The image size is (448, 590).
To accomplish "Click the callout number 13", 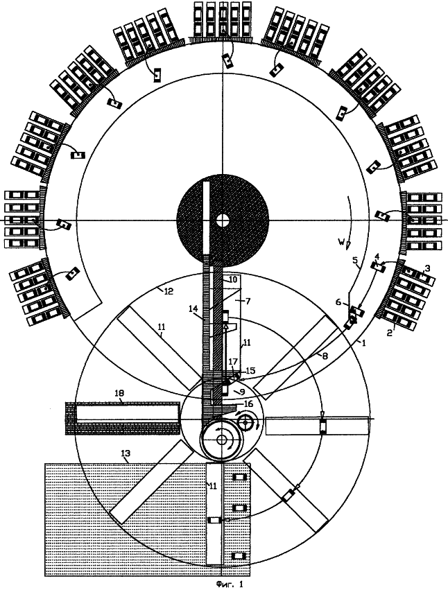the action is [126, 455].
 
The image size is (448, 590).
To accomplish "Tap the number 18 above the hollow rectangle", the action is [119, 393].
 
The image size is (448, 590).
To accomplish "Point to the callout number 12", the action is [169, 291].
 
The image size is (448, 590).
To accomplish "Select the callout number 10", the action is [233, 279].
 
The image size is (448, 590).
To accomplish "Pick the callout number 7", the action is [238, 301].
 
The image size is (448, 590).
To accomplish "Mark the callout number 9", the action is [243, 392].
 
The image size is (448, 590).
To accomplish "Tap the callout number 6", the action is [338, 302].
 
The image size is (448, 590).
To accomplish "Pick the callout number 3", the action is [427, 268].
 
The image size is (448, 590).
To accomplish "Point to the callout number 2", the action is [390, 333].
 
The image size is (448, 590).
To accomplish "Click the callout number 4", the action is [377, 257].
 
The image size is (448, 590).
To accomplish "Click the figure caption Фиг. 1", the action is [230, 584].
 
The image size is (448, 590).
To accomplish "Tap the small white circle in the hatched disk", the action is [223, 220].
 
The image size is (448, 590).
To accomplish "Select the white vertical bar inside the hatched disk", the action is [206, 218].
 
